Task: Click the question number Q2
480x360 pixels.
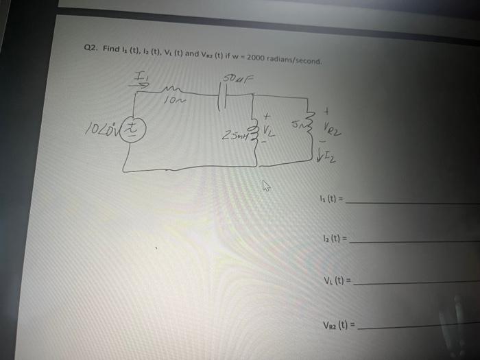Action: pos(91,49)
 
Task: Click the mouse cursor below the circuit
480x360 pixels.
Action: pos(267,185)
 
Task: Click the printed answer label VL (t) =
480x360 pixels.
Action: pos(340,280)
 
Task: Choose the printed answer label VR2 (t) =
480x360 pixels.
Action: pos(342,327)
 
